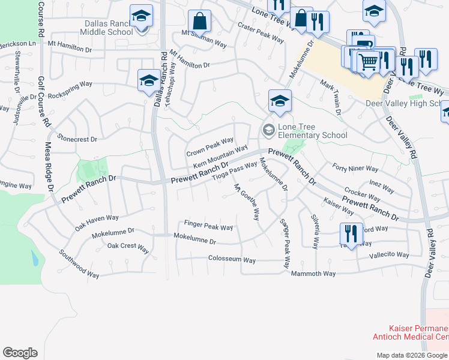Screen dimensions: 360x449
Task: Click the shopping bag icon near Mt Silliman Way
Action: click(199, 22)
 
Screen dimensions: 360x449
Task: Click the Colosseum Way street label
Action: click(232, 260)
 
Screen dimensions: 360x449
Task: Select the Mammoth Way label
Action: click(313, 274)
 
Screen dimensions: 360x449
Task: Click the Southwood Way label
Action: click(79, 263)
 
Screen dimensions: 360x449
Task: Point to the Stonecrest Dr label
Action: click(77, 139)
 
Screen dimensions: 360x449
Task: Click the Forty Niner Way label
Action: click(355, 169)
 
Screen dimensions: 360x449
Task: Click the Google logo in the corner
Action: click(20, 353)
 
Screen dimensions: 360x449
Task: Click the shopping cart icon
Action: click(368, 61)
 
